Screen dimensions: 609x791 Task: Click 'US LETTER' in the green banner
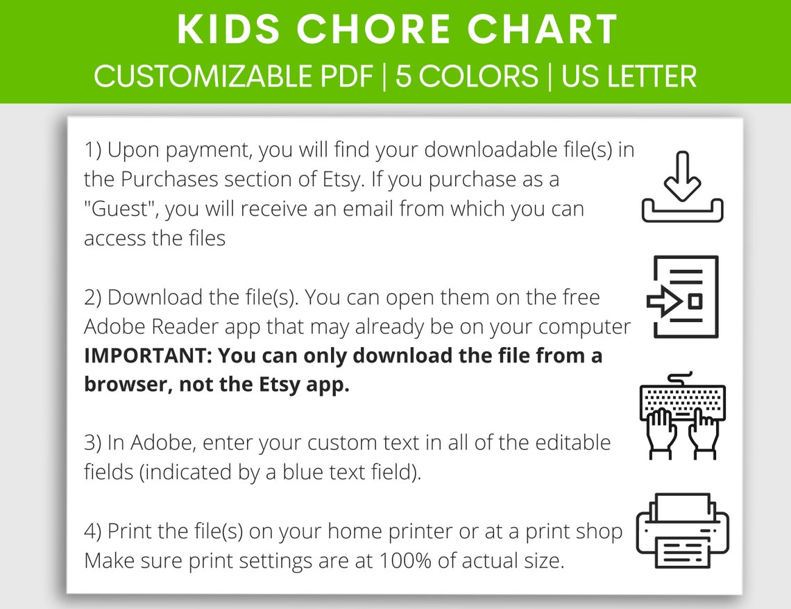coord(629,76)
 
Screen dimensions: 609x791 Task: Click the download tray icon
coord(682,187)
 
